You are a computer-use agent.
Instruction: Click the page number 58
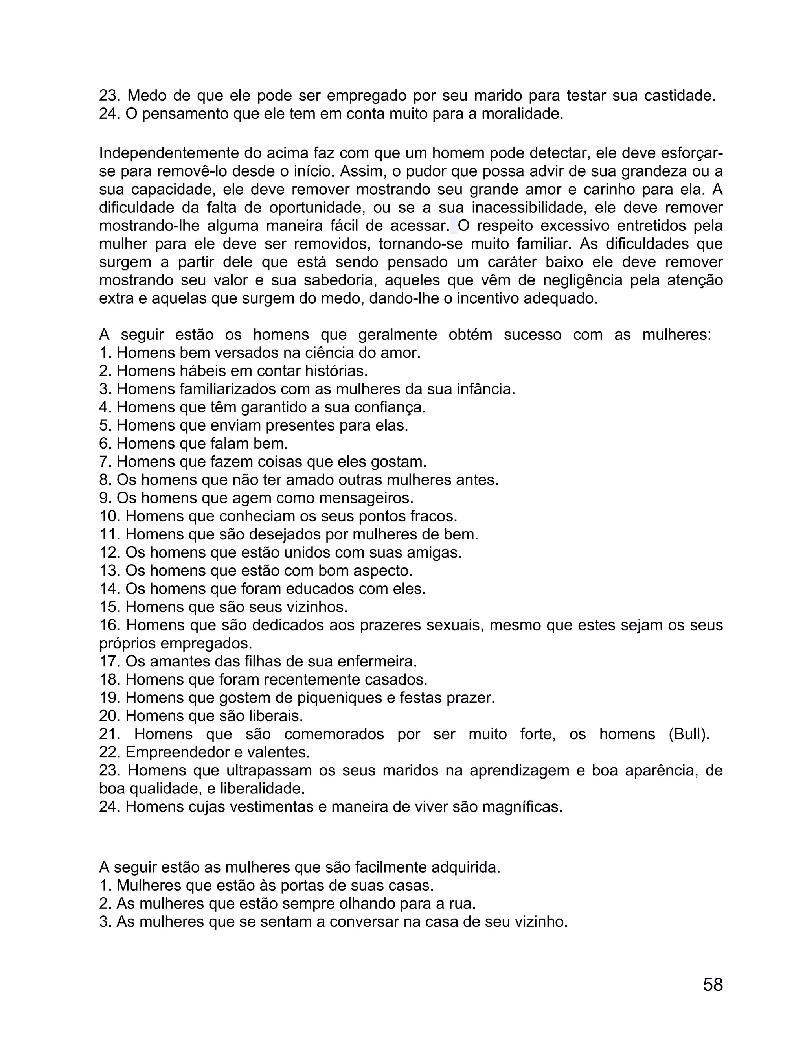click(x=713, y=984)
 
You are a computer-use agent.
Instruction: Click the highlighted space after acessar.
click(x=454, y=226)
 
